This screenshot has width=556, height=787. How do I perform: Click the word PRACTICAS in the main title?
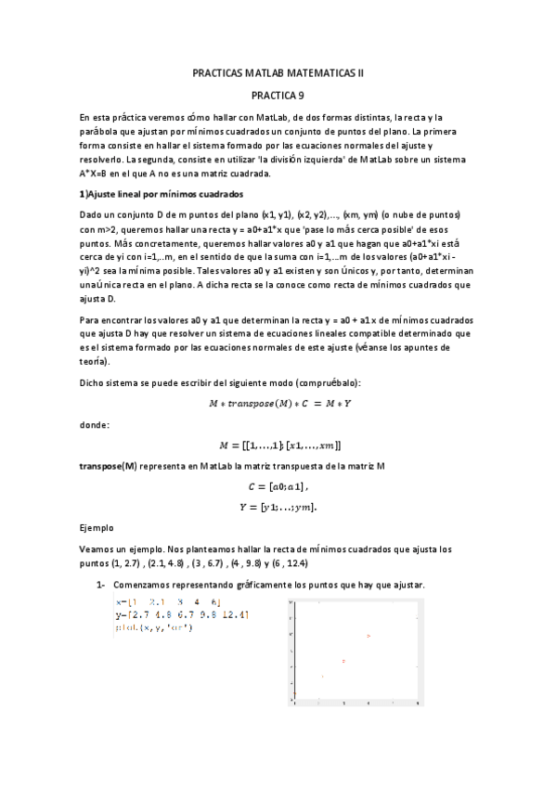[219, 71]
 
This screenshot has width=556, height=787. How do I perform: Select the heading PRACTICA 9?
[278, 94]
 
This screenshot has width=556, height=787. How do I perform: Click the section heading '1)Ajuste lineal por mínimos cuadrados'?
[162, 194]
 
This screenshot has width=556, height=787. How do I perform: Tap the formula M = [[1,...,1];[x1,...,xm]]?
[278, 445]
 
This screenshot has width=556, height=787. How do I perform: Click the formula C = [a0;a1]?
[278, 486]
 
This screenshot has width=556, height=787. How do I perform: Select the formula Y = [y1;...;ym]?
[278, 507]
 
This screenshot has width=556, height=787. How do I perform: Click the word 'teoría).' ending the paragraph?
[95, 361]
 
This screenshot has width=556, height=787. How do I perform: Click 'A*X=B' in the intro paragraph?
[96, 173]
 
